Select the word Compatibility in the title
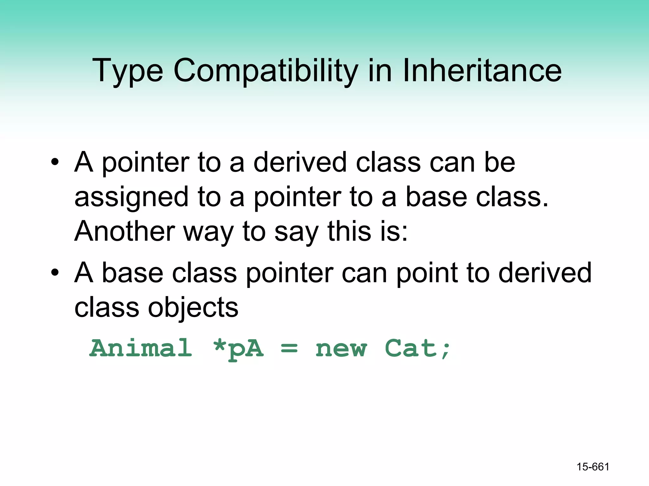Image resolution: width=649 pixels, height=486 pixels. [266, 71]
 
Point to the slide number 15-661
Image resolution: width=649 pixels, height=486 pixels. [593, 467]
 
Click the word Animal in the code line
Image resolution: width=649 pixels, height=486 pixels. [141, 348]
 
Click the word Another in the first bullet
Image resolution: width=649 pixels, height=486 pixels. [125, 231]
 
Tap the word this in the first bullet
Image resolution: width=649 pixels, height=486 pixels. [349, 231]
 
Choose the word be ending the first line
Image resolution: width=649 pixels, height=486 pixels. [499, 162]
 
